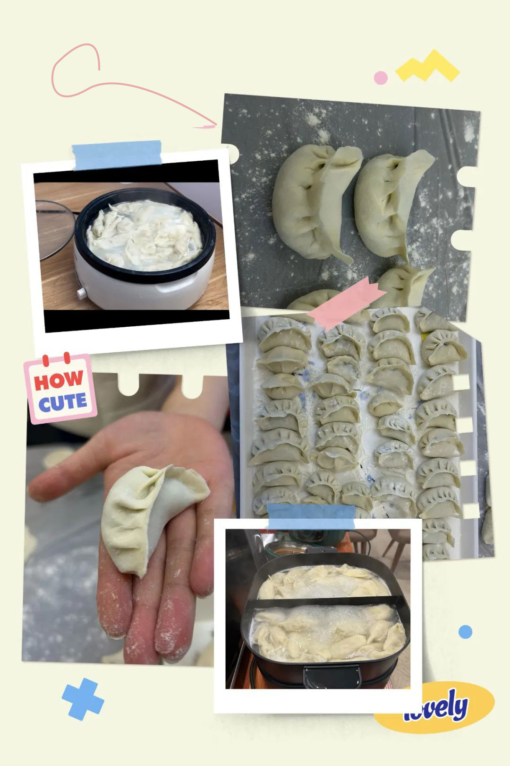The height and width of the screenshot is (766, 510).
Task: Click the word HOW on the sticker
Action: pyautogui.click(x=59, y=380)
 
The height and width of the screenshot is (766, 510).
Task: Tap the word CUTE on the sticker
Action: pyautogui.click(x=62, y=402)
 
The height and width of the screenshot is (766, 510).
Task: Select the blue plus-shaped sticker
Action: pyautogui.click(x=83, y=699)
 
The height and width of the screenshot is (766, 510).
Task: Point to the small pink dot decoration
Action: pyautogui.click(x=381, y=78)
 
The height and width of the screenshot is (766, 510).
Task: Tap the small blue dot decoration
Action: pyautogui.click(x=465, y=632)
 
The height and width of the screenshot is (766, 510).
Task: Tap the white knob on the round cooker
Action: pyautogui.click(x=81, y=293)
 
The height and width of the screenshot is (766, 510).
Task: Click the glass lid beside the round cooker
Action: pyautogui.click(x=55, y=230)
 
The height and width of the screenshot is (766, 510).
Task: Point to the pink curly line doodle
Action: pyautogui.click(x=113, y=86)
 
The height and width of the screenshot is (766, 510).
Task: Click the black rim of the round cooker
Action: pyautogui.click(x=144, y=236)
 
